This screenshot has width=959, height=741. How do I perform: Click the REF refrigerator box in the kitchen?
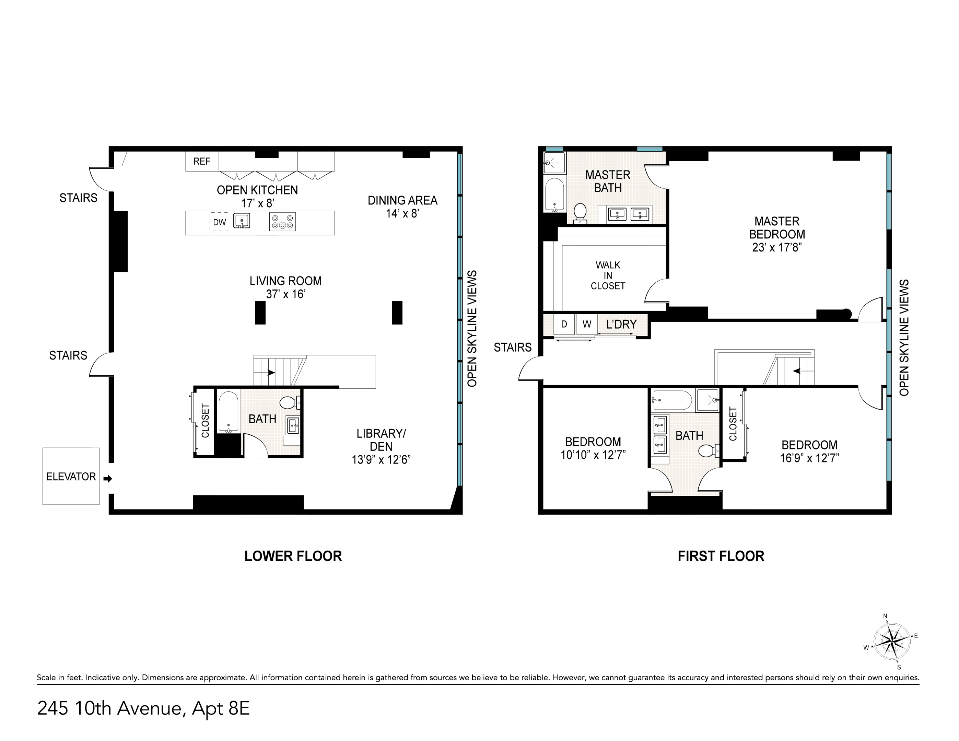click(202, 162)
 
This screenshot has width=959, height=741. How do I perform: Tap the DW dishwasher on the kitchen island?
click(219, 222)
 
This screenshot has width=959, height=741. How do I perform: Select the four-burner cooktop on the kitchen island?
click(282, 222)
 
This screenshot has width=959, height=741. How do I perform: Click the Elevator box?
click(71, 476)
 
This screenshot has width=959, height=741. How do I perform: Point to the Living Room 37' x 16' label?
click(285, 287)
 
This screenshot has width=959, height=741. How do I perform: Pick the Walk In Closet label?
click(608, 276)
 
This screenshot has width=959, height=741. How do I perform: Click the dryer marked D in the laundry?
click(564, 325)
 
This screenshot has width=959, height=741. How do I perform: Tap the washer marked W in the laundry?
click(587, 325)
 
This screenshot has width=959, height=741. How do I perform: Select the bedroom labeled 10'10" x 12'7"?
click(593, 448)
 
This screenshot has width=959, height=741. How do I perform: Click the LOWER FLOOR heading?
click(293, 556)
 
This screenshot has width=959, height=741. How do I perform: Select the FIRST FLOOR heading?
click(721, 556)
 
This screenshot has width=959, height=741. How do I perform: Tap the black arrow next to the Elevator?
click(108, 479)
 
